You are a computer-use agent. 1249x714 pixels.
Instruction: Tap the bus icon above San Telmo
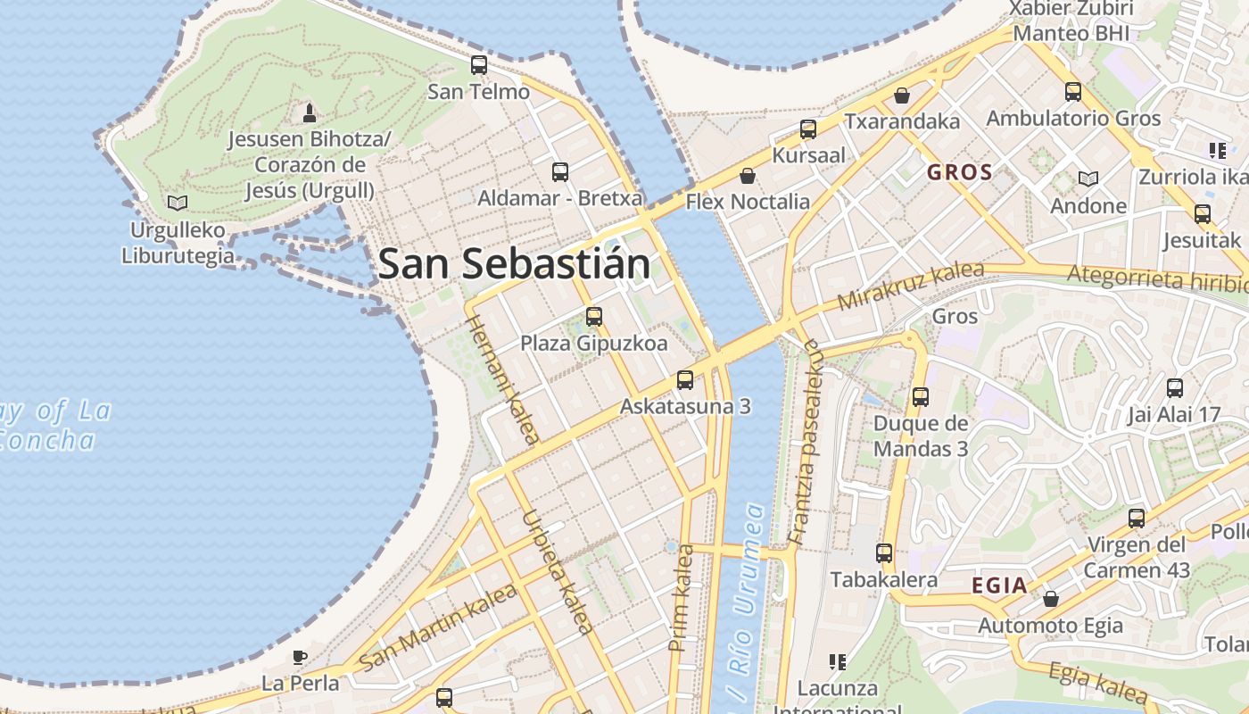point(479,65)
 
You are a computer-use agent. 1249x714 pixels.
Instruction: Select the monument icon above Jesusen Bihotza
point(310,112)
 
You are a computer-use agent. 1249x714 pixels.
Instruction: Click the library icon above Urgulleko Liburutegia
point(178,203)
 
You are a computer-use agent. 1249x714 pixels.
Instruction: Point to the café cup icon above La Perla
point(300,658)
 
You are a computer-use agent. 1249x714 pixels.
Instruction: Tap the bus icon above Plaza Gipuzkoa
point(593,316)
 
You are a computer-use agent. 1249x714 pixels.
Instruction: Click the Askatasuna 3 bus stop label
point(685,407)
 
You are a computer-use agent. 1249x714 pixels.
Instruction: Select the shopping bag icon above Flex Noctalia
point(748,176)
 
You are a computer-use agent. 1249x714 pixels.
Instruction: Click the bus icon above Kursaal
point(808,129)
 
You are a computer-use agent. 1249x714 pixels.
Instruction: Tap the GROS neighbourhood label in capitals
point(960,172)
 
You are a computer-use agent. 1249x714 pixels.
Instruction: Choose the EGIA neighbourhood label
point(999,585)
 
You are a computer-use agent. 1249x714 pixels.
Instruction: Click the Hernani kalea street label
point(502,378)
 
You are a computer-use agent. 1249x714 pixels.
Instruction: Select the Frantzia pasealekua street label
point(805,442)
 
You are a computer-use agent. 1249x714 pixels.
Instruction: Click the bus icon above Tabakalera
point(884,553)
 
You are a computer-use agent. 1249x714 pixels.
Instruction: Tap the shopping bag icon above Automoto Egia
point(1051,599)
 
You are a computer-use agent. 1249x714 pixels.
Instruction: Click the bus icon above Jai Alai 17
point(1175,388)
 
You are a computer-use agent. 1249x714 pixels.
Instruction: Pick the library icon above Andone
point(1088,179)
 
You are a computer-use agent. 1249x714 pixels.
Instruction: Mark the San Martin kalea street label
point(437,627)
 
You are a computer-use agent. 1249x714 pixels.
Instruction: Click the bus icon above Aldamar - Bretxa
point(560,172)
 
